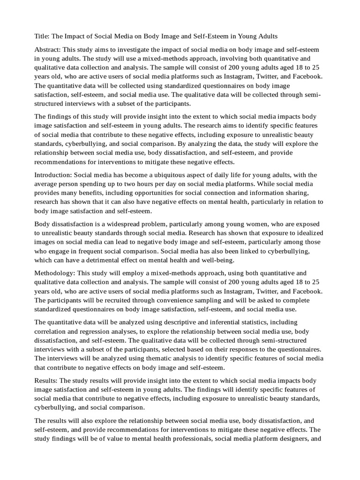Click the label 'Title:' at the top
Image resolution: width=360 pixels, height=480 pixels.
click(x=42, y=37)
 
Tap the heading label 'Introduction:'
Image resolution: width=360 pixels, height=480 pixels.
click(x=53, y=175)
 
